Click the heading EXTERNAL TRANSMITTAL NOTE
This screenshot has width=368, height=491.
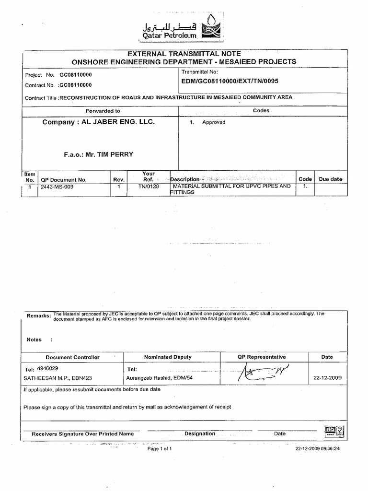click(x=184, y=53)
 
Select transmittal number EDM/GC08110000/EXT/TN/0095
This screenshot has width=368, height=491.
click(x=230, y=82)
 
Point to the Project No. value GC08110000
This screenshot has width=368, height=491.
click(x=76, y=75)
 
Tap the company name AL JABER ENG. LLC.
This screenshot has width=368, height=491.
click(x=99, y=122)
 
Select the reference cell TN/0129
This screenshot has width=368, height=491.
click(x=148, y=187)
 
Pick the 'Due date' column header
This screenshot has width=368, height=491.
click(x=331, y=179)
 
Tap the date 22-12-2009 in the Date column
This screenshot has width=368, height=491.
click(x=327, y=378)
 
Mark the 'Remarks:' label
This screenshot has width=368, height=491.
click(x=39, y=316)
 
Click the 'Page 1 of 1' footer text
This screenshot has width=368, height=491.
click(x=160, y=449)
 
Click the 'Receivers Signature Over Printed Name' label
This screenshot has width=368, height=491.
click(x=82, y=434)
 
